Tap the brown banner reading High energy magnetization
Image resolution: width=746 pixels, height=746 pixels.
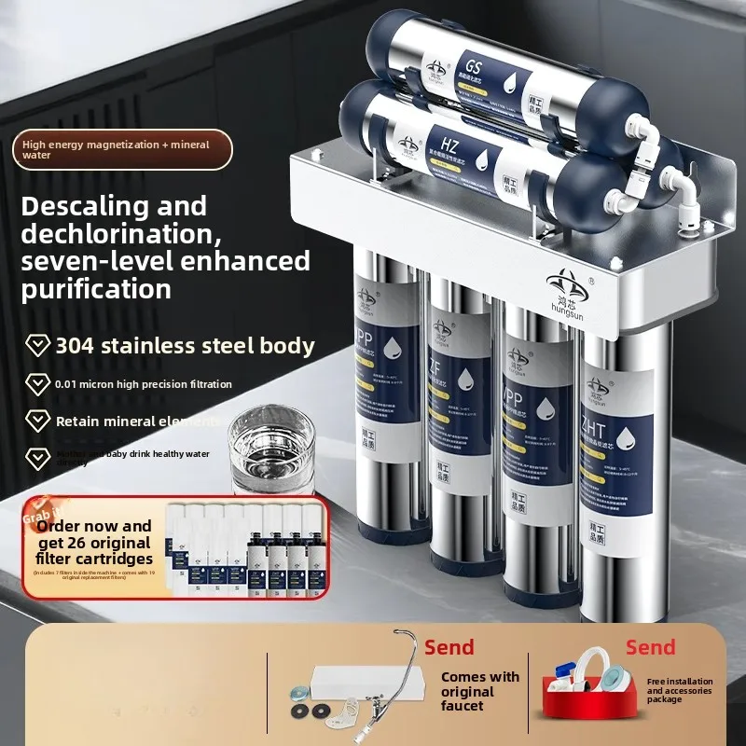(x=121, y=149)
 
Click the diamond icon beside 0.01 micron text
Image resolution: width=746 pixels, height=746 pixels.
(x=38, y=383)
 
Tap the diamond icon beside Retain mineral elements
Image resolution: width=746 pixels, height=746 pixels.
(x=38, y=421)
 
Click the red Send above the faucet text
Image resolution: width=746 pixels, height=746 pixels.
(x=449, y=646)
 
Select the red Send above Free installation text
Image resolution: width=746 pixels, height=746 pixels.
(x=650, y=646)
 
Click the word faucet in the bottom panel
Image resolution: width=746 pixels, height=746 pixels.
(x=463, y=706)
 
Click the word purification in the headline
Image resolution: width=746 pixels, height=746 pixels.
(x=96, y=288)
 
